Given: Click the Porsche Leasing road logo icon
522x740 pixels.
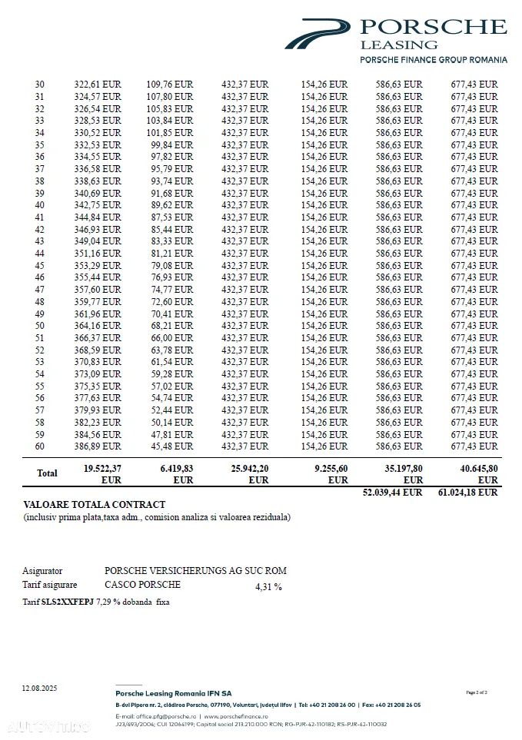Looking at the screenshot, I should coord(317,35).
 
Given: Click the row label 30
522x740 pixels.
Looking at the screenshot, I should coord(40,85).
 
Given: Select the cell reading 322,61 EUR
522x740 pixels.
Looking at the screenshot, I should coord(98,85).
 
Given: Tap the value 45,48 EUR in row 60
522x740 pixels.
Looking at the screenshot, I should coord(170,446).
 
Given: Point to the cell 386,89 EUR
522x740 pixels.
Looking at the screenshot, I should coord(98,446).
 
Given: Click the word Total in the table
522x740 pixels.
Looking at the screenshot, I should coord(48,473).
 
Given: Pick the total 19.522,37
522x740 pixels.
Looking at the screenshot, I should coord(102,468).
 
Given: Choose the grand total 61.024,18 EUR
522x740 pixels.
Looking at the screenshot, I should coord(467,493).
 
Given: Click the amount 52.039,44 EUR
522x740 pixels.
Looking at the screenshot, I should coord(392,493).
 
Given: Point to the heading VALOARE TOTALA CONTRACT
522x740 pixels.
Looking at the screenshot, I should coord(95,505).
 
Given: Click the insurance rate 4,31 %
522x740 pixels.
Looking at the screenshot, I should coord(268,587).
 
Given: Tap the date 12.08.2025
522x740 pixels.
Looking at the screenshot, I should coord(39,688).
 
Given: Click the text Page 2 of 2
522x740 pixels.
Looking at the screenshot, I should coord(477,692).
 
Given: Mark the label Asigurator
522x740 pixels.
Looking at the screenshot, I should coord(42,571).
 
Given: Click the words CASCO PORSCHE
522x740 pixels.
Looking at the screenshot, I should coord(142,584).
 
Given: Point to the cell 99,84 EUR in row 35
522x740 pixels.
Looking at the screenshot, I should coord(170,144).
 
